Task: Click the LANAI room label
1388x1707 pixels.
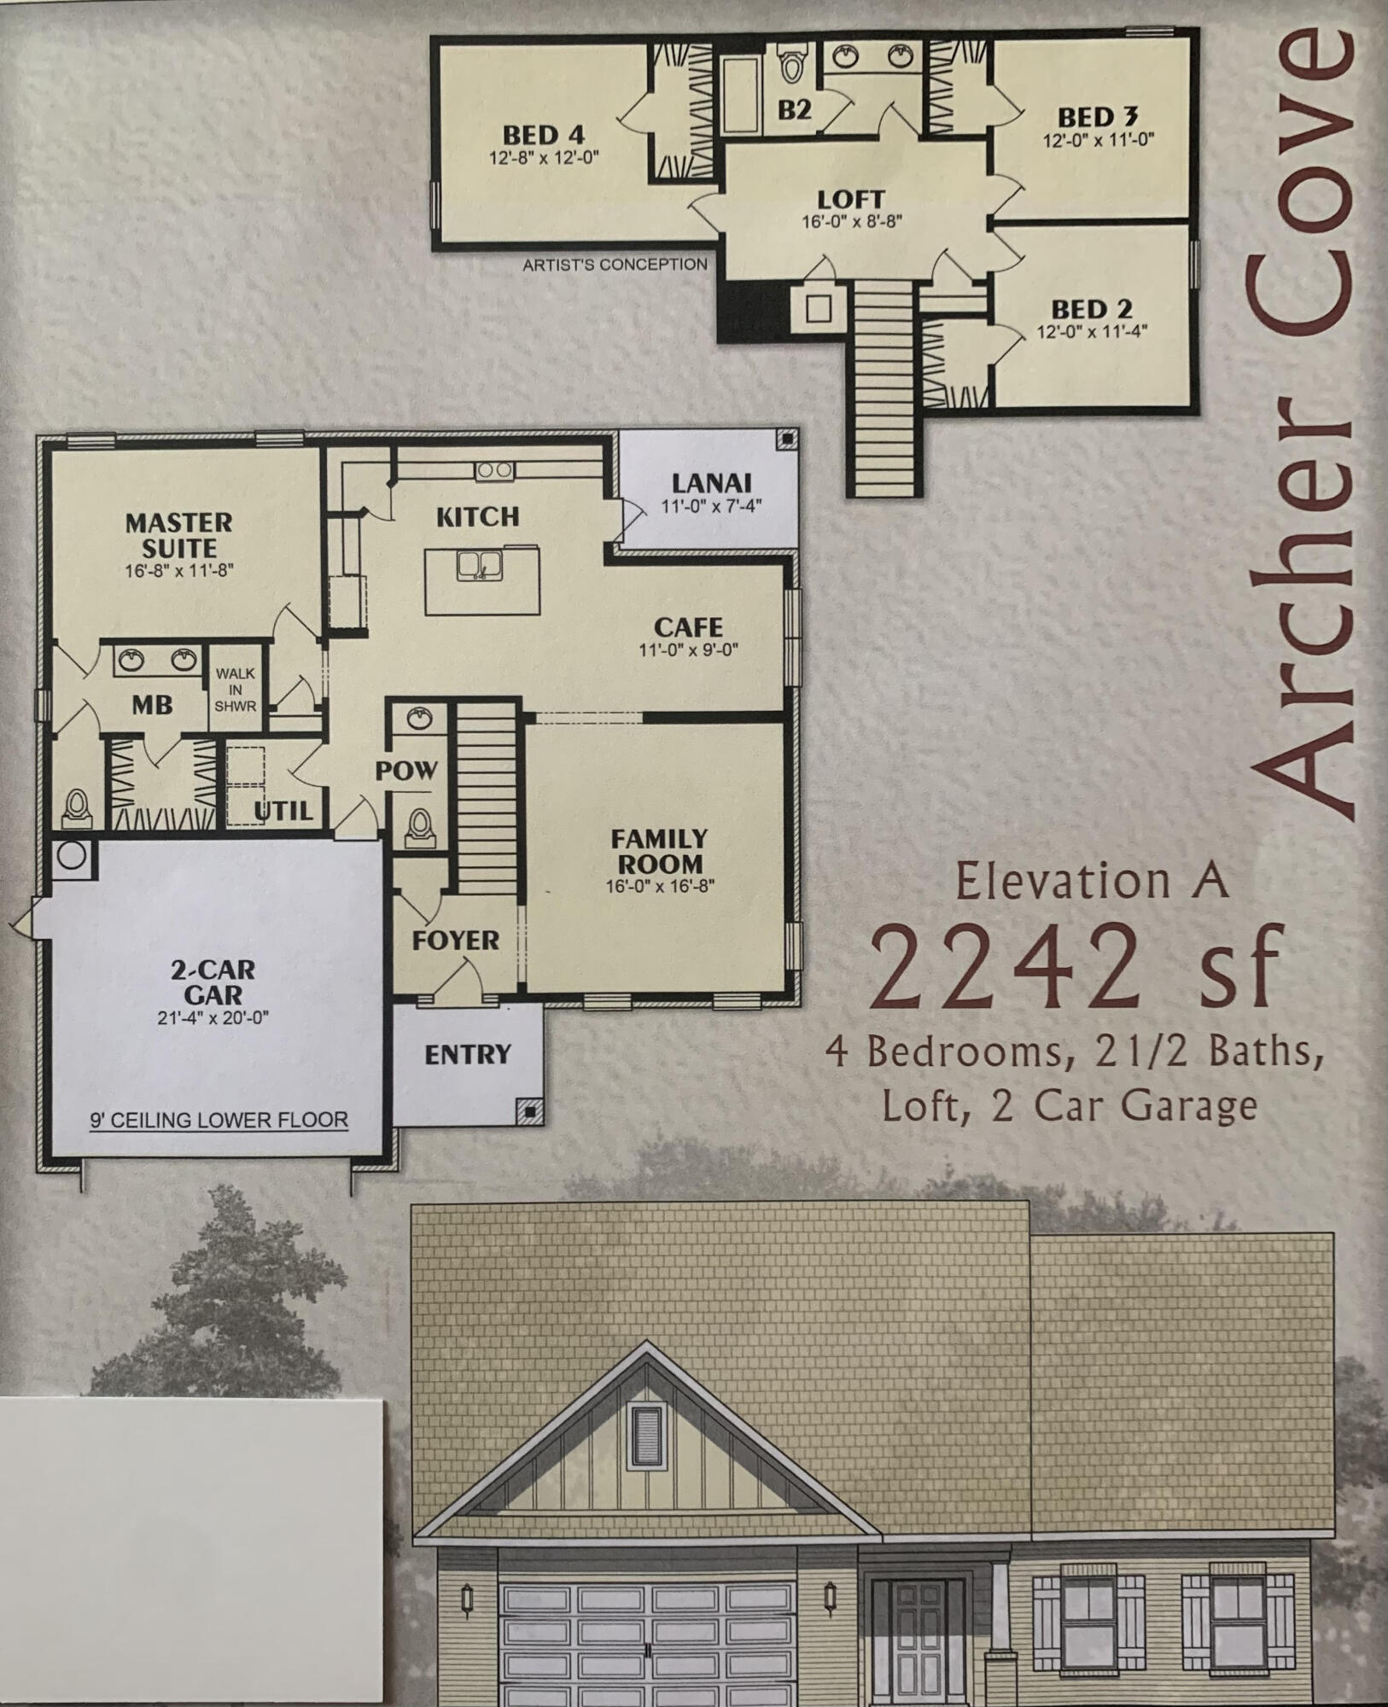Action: click(711, 483)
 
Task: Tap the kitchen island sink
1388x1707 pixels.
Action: click(479, 565)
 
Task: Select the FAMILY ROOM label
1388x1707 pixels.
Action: click(659, 851)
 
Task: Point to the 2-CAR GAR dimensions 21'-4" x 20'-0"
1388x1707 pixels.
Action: click(213, 1017)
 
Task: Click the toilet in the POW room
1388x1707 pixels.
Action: click(419, 825)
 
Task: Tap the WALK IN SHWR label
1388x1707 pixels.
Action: click(235, 690)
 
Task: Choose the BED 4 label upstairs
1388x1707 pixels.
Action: click(543, 135)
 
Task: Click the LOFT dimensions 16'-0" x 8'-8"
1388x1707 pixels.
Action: click(851, 221)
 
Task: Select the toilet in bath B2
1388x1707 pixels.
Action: click(792, 65)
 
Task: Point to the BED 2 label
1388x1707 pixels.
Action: click(1091, 309)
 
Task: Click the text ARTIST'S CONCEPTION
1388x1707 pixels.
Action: click(615, 265)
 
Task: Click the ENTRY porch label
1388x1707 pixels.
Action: click(467, 1055)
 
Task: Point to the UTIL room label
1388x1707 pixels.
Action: click(283, 810)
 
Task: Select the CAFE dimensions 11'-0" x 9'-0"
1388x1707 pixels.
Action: click(688, 650)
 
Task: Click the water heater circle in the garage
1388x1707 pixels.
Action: click(72, 855)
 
